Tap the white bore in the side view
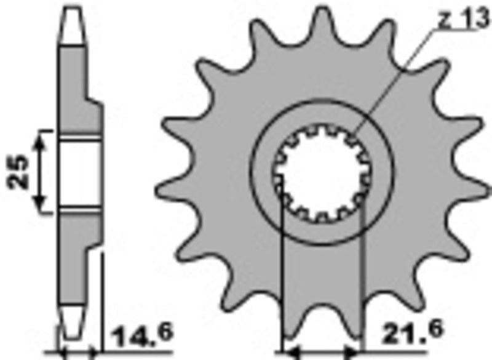point(80,172)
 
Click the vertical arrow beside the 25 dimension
point(41,172)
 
